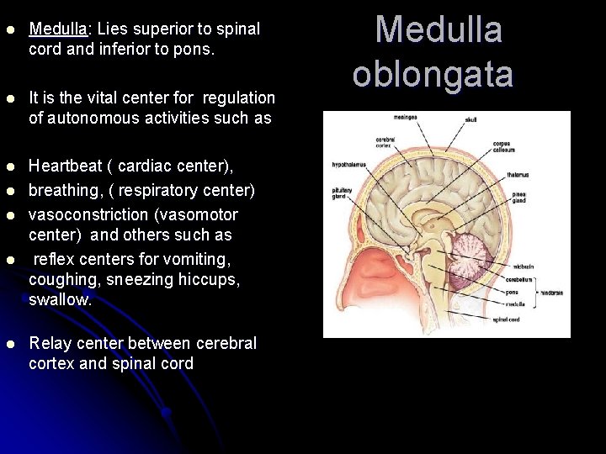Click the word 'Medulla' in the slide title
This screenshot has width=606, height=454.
[x=438, y=30]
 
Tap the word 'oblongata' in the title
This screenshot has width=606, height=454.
[x=433, y=74]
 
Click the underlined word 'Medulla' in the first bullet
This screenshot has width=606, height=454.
[x=59, y=29]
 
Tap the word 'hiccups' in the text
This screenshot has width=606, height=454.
[x=213, y=279]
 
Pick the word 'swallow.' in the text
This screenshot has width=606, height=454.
[x=60, y=299]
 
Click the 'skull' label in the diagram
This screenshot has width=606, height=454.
[x=470, y=120]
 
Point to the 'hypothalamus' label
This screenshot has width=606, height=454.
[x=347, y=166]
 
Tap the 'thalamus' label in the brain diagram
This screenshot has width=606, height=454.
[x=518, y=175]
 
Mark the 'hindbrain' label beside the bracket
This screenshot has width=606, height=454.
[x=552, y=292]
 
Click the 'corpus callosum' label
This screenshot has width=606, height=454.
[x=502, y=147]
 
